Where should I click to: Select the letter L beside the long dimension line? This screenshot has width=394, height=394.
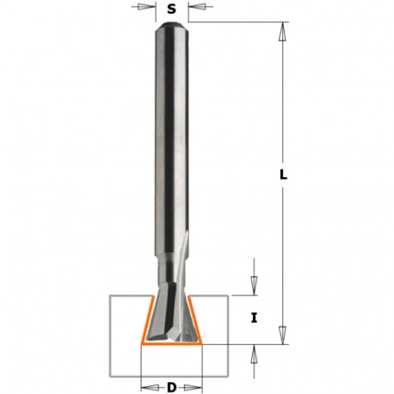pos(284,175)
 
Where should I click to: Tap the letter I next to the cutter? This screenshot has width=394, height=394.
pos(255,318)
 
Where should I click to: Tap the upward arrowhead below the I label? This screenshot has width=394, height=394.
pos(255,350)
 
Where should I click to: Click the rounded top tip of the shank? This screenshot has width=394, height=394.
pos(173,25)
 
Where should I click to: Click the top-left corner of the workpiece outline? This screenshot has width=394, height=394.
pos(108,296)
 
